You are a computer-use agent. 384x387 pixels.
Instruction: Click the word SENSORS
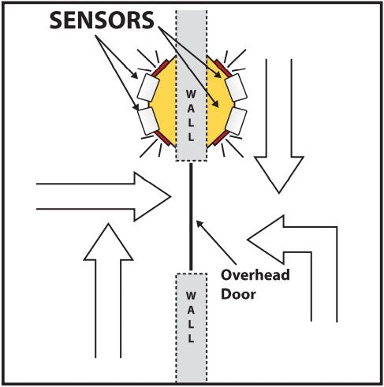coord(102,20)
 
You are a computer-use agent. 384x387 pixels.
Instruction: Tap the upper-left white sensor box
coord(148,87)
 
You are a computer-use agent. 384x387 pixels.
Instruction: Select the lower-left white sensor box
coord(148,121)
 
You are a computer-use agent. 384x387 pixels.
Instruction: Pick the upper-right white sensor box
coord(236,87)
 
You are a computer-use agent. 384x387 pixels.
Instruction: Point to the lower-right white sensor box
coord(236,121)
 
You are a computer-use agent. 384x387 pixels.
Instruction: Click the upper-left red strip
coord(160,68)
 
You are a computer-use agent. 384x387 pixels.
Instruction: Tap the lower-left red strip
coord(162,138)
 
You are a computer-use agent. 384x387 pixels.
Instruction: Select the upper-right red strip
coord(223,68)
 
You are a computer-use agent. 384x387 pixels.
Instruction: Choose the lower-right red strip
coord(221,138)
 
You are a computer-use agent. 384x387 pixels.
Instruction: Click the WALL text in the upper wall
coord(191,116)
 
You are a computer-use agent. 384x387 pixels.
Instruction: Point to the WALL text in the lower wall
coord(191,317)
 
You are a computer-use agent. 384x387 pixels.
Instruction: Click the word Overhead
coord(255,275)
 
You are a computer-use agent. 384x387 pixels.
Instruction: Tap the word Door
coord(238,294)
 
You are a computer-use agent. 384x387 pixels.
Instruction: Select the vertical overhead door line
coord(191,217)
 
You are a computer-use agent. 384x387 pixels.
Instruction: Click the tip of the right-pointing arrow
coord(171,196)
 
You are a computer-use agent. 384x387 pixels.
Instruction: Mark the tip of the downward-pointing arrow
coord(279,193)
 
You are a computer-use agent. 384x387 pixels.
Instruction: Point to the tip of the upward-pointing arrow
coord(108,224)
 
